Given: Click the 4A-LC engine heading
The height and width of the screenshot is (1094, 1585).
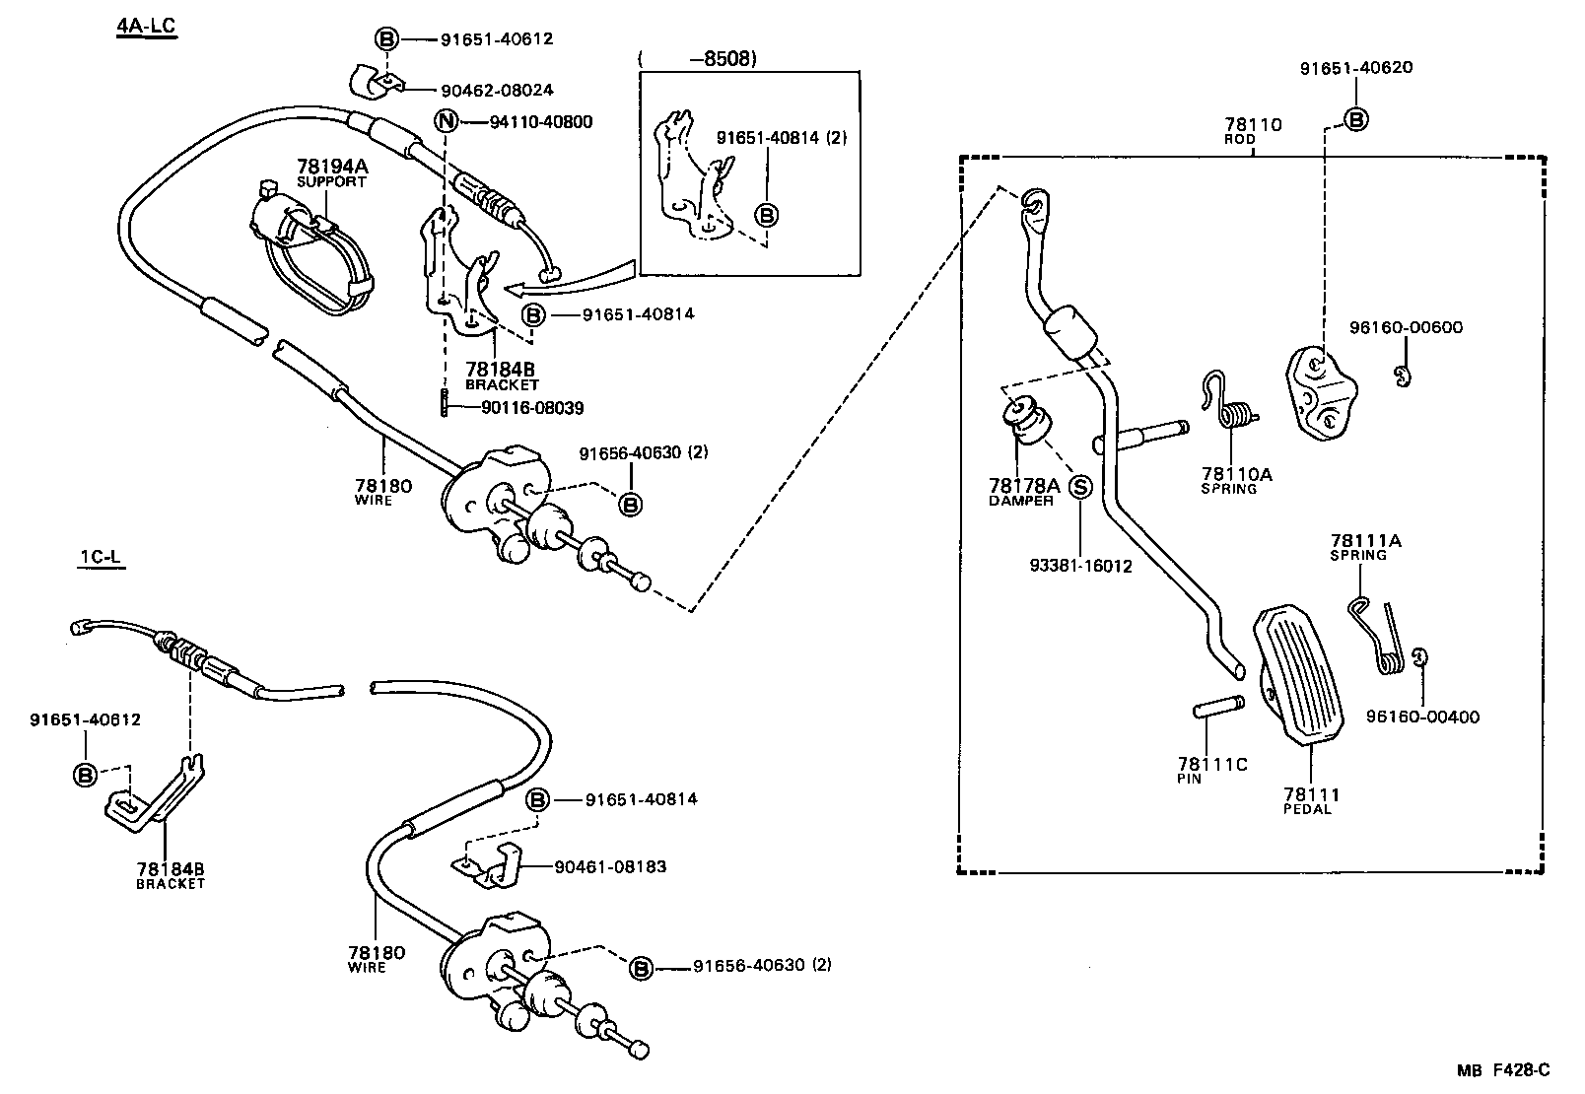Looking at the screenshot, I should tap(146, 26).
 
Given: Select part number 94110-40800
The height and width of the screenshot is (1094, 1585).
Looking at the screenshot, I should tap(541, 122).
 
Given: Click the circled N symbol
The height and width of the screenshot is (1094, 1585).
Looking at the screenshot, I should tap(448, 122).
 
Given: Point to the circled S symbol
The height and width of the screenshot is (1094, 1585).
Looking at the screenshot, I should tap(1080, 486).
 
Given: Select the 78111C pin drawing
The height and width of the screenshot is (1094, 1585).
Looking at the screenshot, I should tap(1217, 709).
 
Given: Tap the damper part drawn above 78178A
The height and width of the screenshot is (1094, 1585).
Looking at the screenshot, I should tap(1025, 422).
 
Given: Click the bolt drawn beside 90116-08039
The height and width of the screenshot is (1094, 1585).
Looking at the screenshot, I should tap(446, 402).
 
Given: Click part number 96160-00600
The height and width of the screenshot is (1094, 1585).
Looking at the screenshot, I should tap(1407, 328).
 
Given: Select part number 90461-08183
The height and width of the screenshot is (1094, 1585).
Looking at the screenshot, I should tap(610, 867).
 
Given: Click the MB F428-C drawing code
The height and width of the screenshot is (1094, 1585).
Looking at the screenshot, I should tap(1504, 1070).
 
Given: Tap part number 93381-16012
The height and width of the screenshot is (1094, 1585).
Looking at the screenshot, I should tap(1080, 566).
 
